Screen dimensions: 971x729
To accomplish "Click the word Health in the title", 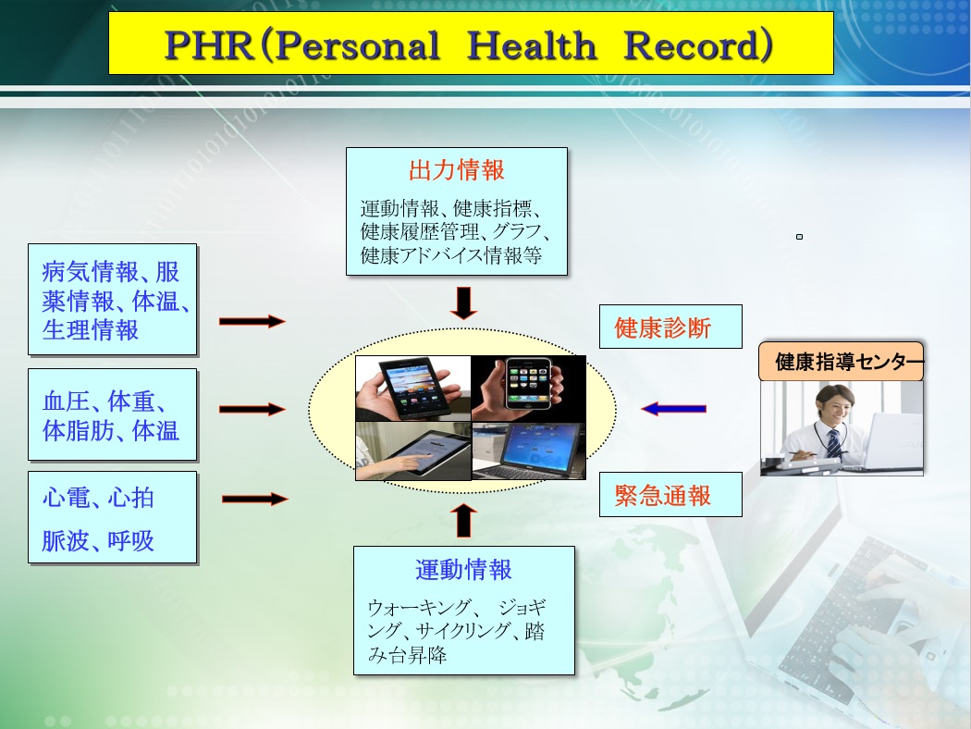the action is [x=531, y=46].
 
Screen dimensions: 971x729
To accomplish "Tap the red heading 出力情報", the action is [x=457, y=169].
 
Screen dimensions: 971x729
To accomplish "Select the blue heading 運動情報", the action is [x=463, y=569].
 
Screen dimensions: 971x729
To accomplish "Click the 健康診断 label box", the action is [x=670, y=327].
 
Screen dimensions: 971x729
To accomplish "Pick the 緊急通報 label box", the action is [x=670, y=494].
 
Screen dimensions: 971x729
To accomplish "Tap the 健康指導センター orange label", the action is [x=841, y=361].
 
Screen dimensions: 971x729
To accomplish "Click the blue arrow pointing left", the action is [x=673, y=409].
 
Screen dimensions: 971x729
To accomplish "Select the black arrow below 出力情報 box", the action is [x=463, y=303].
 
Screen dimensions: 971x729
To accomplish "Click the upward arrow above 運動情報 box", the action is [x=463, y=520].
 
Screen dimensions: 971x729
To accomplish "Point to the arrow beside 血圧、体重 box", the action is [x=252, y=409].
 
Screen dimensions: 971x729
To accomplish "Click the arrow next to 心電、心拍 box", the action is [x=254, y=499].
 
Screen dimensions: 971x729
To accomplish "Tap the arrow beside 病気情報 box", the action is [x=252, y=321].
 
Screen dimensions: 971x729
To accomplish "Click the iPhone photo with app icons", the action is [x=528, y=389].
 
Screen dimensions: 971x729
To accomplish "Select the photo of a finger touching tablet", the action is [x=413, y=451].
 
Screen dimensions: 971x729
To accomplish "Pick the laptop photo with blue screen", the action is [x=529, y=451].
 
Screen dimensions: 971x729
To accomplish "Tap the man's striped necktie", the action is [x=834, y=443].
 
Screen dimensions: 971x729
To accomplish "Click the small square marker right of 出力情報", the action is [x=800, y=237].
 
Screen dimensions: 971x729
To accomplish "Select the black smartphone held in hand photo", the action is [x=413, y=389].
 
